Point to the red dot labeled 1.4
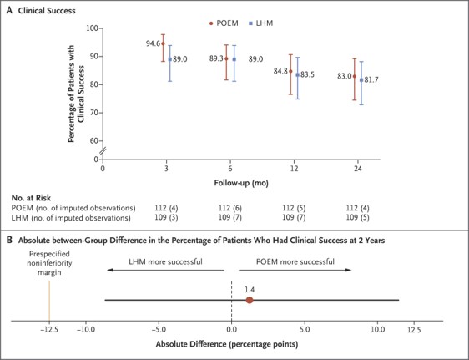click(250, 300)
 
